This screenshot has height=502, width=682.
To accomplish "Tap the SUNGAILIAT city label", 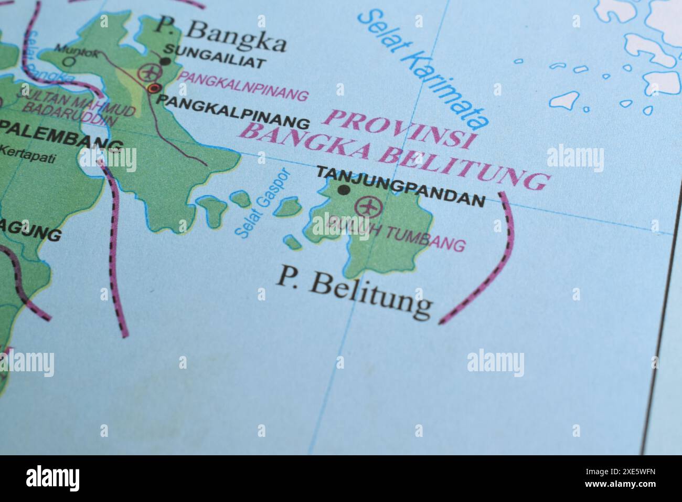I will tap(215, 62).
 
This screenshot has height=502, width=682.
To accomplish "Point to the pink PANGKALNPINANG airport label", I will tap(243, 86).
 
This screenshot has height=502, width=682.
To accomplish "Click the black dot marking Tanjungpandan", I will tap(344, 190).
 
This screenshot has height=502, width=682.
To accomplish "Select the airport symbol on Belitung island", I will tap(366, 206).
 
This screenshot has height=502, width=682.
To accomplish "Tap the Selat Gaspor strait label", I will tap(262, 202).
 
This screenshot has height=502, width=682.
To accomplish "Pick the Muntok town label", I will tap(69, 50).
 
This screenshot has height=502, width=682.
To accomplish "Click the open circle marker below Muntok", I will tap(69, 61).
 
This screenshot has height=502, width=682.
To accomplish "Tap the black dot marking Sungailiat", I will tap(165, 61).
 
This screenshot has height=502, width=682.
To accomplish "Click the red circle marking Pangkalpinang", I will tap(153, 88).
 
